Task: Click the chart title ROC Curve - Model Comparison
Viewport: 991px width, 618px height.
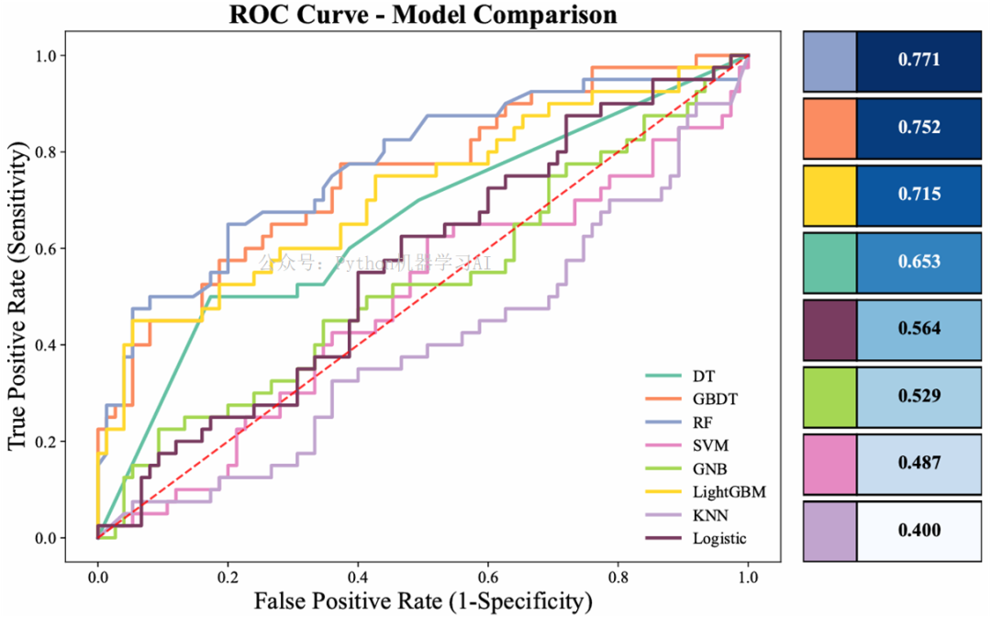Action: click(422, 16)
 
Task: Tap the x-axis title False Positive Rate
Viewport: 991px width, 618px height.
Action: click(422, 601)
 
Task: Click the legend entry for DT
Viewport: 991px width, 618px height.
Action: click(705, 376)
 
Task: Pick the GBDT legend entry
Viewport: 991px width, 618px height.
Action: click(715, 399)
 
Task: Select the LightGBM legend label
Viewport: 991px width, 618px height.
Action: click(729, 492)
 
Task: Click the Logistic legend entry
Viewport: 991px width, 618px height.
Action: click(719, 539)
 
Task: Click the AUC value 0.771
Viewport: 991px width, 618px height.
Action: click(919, 61)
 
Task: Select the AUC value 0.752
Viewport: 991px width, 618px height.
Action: click(919, 128)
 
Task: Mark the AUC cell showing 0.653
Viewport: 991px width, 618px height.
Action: click(919, 261)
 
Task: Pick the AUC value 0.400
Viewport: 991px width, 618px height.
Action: click(919, 530)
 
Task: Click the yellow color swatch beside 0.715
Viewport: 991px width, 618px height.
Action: click(830, 195)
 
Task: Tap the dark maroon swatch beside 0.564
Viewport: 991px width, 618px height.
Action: click(830, 329)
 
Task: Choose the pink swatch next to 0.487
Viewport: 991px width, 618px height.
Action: click(830, 463)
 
